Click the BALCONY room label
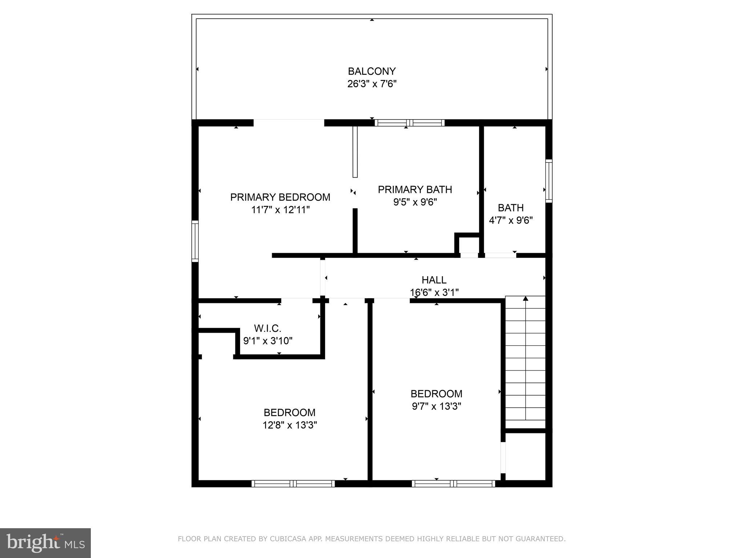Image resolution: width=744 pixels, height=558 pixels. click(371, 71)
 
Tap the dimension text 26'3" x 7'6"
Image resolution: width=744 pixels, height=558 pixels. click(371, 84)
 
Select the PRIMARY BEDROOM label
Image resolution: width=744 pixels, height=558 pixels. click(280, 197)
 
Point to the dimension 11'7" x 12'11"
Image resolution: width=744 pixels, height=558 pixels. click(280, 210)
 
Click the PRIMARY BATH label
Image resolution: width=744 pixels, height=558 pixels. click(415, 190)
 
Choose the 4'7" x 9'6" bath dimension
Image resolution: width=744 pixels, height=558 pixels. click(510, 221)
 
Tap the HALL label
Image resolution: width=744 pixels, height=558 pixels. click(434, 280)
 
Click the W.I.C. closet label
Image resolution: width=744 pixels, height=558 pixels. click(267, 328)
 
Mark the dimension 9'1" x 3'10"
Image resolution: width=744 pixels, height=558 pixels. click(267, 341)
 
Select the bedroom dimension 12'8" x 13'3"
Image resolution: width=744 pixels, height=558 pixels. click(290, 425)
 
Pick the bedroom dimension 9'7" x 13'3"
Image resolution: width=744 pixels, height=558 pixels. click(436, 406)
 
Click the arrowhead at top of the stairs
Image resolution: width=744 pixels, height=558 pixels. click(525, 299)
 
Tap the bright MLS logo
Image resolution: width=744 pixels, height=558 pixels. click(45, 543)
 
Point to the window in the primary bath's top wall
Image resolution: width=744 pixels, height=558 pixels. click(409, 123)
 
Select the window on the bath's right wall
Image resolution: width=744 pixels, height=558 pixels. click(549, 181)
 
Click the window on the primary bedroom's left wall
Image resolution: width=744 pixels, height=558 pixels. click(195, 241)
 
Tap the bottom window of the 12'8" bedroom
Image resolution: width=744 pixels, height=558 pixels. click(293, 484)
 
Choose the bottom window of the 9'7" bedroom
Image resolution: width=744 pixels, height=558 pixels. click(453, 484)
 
